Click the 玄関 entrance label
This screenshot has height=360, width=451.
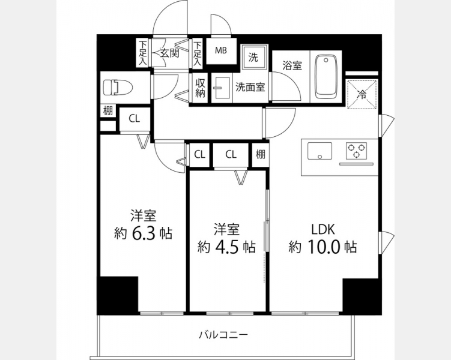coord(169,53)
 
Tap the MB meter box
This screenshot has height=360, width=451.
coord(221,51)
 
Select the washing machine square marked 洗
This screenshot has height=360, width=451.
coord(254,57)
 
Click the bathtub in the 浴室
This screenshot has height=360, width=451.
coord(326,77)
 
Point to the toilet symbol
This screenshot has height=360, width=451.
coord(118,88)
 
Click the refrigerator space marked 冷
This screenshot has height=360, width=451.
coord(362,94)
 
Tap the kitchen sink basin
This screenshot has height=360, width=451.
coord(319,151)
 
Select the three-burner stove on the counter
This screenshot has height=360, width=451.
coord(357,151)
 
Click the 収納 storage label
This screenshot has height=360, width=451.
coord(200,88)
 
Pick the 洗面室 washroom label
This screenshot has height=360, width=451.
coord(250,87)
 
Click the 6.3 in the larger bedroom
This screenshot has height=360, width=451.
coord(144,233)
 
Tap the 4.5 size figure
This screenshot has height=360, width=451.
coord(226,247)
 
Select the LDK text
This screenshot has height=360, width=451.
coord(322,229)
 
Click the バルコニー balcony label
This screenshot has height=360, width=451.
coord(224,335)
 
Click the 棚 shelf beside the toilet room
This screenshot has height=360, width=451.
coord(108,110)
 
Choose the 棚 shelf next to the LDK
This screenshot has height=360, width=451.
coord(261,155)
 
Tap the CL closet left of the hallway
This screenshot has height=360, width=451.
coord(134,118)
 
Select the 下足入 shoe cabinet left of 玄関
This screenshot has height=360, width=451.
coord(143,53)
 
